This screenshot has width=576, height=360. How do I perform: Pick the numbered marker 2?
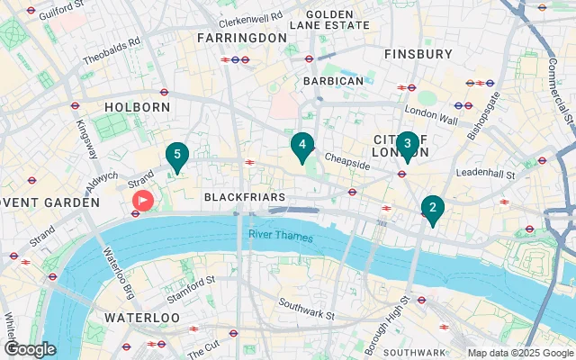click(x=433, y=209)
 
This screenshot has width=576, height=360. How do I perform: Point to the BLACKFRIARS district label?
click(x=244, y=196)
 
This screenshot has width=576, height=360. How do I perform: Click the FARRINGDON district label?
click(x=242, y=39)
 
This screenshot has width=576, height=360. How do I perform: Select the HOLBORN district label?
click(x=137, y=107)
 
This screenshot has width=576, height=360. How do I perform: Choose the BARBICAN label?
click(x=333, y=81)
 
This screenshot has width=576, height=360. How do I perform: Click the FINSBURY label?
click(x=418, y=54)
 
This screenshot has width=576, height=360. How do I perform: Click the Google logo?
click(x=30, y=349)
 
